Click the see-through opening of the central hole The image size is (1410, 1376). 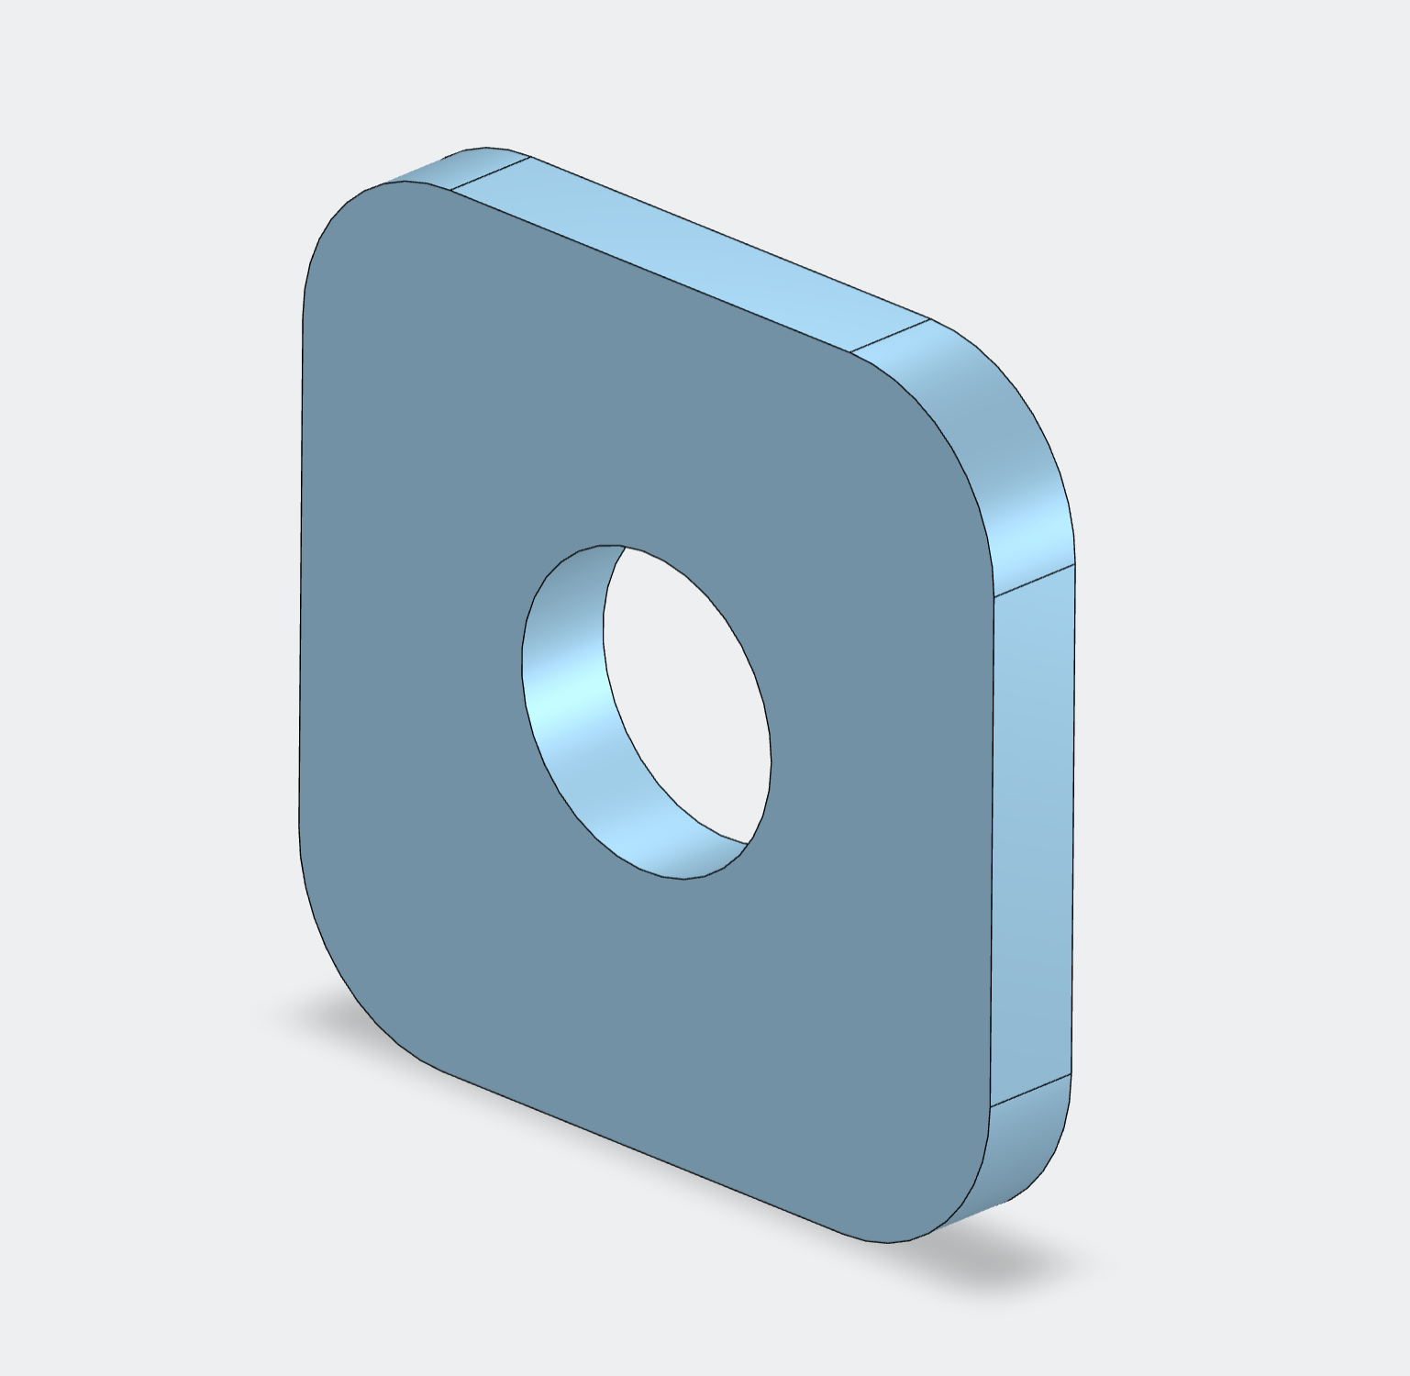(x=688, y=697)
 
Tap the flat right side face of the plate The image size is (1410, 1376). (x=1032, y=826)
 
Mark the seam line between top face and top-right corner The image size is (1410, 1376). (x=890, y=336)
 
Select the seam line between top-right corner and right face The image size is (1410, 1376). (x=1034, y=581)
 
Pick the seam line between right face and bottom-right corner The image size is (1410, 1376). (x=1030, y=1092)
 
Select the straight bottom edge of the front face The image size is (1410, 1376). (x=642, y=1151)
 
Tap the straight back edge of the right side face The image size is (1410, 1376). (x=1072, y=826)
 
